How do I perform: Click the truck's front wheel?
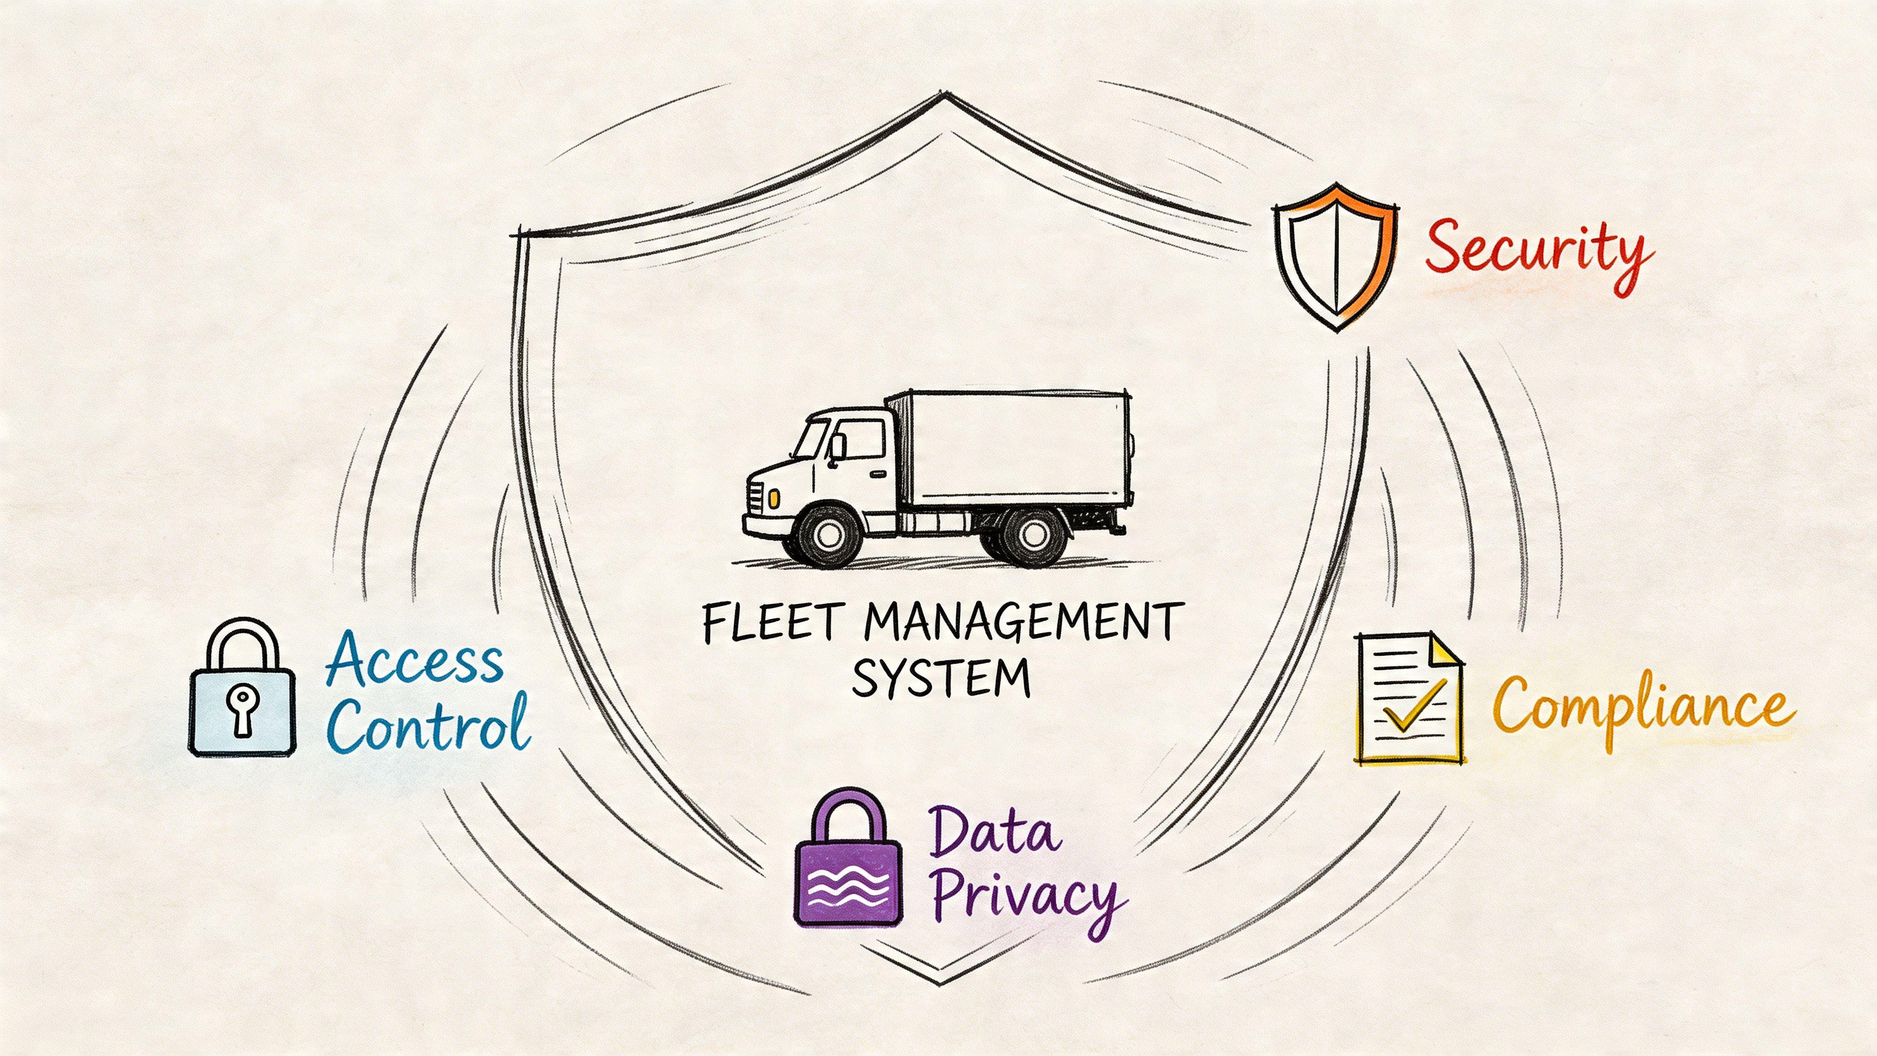click(x=829, y=535)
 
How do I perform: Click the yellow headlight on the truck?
click(x=773, y=499)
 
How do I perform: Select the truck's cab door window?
click(x=862, y=438)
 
